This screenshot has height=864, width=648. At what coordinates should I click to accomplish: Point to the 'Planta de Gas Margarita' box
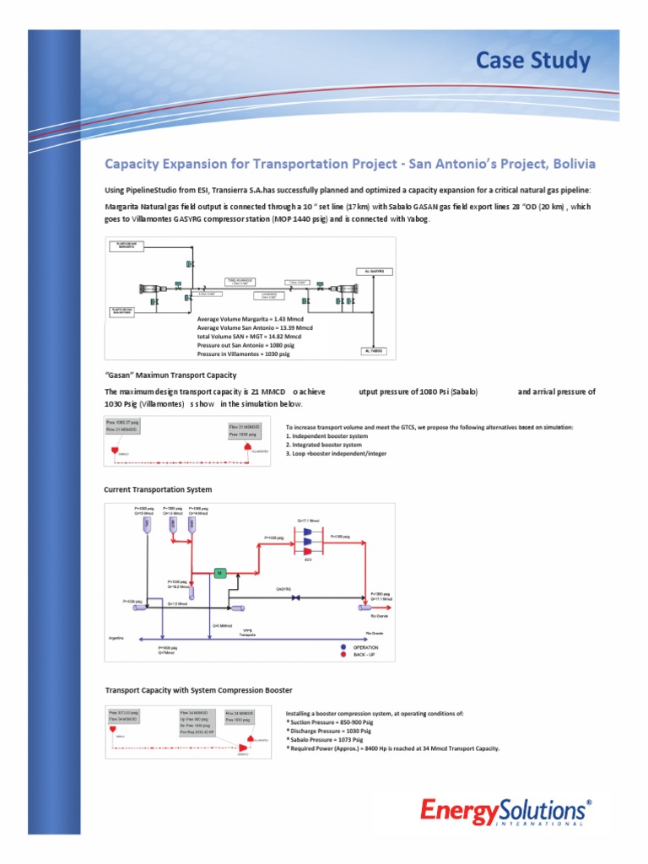tap(127, 246)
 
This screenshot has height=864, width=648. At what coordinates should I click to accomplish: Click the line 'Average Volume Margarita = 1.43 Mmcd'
tap(254, 320)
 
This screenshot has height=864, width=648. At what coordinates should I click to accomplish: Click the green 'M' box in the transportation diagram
tap(220, 573)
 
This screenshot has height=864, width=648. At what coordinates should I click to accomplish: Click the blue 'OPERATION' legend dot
tap(343, 647)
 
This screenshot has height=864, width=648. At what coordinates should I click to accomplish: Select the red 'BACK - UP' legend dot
tap(343, 655)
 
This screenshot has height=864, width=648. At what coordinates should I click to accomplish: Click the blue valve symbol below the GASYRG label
tap(295, 598)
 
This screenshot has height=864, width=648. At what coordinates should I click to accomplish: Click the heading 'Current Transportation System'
tap(158, 489)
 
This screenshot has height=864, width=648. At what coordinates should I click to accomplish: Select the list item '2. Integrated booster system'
tap(325, 444)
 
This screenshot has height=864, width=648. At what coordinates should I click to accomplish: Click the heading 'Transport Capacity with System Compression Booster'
tap(198, 690)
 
